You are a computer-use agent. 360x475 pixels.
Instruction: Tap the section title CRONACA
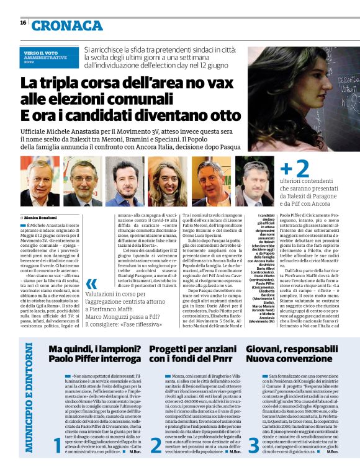pyautogui.click(x=68, y=25)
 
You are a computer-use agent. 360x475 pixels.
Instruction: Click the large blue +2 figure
pyautogui.click(x=295, y=169)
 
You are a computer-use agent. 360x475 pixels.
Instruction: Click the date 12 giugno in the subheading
pyautogui.click(x=216, y=64)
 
